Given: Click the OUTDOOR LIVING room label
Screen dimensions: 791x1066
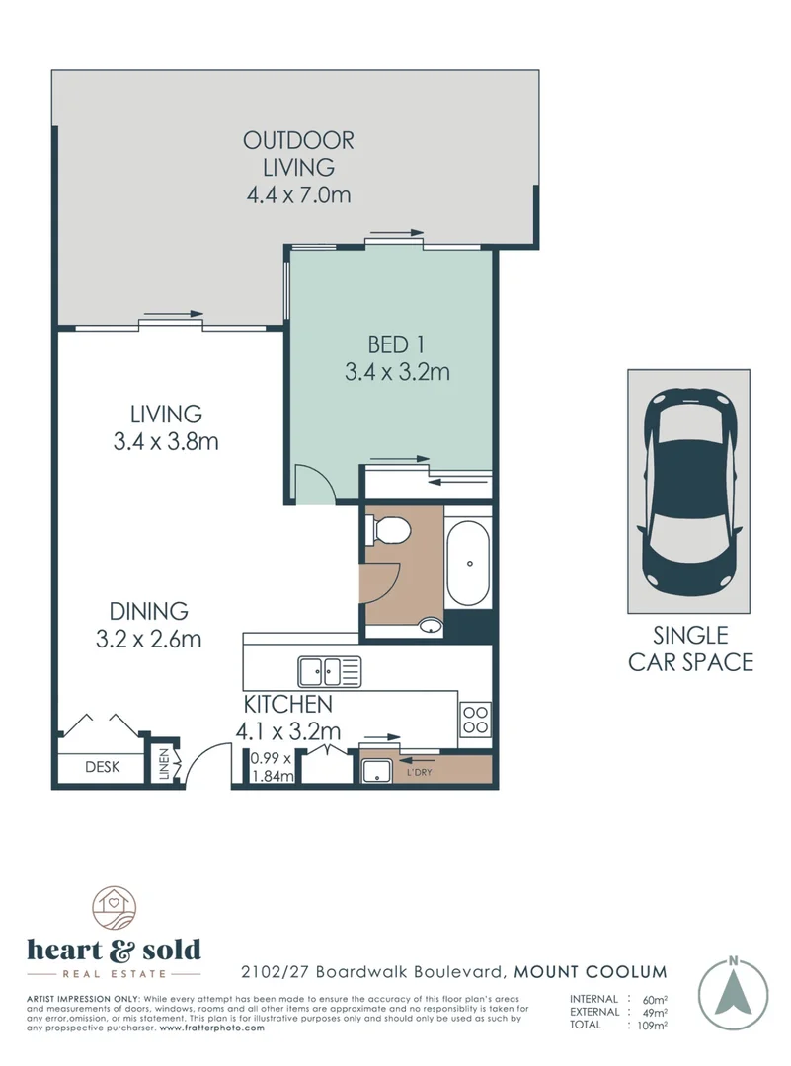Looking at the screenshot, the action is pos(298,154).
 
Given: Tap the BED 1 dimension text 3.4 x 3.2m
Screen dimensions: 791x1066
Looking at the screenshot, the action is pos(397,372).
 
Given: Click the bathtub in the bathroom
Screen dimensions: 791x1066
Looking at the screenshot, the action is pos(468,563).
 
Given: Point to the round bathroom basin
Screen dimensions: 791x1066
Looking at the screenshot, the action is pos(430,625).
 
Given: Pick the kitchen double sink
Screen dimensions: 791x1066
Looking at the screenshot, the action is pos(329,672).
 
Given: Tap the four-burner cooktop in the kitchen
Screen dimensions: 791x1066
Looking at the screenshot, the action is pos(475,720).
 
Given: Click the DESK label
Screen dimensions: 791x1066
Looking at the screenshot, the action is pos(102,767).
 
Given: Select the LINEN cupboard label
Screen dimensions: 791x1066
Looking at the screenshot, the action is pos(163,765).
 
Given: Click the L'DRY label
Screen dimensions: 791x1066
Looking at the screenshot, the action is pos(419,772).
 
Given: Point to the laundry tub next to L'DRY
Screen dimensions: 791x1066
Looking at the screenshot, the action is pos(376,772).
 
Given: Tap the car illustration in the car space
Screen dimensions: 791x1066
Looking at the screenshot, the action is pos(688,491).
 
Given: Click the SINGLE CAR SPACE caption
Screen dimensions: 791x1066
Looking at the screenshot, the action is pos(690,648).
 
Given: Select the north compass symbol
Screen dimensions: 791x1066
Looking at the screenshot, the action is pos(733,990).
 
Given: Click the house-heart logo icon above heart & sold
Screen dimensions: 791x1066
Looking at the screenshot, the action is pos(115,910).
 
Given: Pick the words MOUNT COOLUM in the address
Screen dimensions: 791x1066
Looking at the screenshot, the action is pos(591,972).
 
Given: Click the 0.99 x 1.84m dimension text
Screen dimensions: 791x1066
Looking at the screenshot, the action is pos(272,767).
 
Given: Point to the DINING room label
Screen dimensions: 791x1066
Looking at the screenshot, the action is pos(148,611).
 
